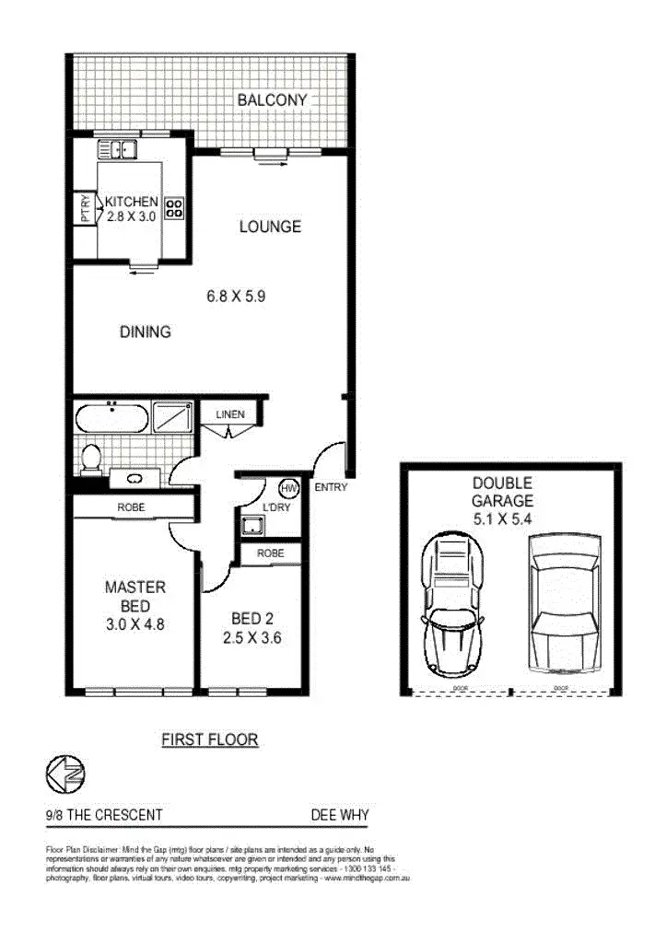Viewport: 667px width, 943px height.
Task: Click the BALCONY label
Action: coord(272,99)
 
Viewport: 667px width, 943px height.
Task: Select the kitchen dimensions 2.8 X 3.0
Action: coord(132,218)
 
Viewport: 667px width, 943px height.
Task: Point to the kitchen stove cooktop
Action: coord(174,210)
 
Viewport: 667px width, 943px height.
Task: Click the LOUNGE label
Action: coord(270,227)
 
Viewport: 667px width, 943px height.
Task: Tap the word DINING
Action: coord(145,332)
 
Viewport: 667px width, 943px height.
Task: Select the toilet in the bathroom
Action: coord(91,458)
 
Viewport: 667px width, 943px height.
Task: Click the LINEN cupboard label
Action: coord(230,414)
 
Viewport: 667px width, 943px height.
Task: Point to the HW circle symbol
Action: coord(288,487)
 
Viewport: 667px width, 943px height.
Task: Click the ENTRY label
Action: coord(331,487)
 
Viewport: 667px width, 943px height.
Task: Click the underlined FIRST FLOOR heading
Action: coord(209,739)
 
